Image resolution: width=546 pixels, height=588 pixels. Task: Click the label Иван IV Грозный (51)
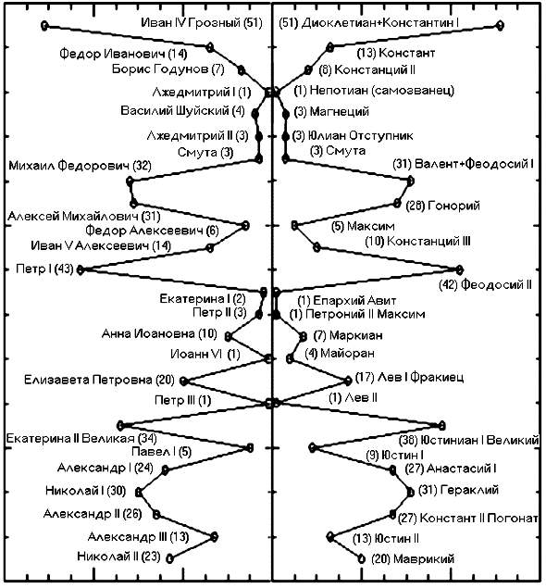coord(202,23)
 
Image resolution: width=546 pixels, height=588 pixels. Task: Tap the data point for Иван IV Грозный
coord(44,26)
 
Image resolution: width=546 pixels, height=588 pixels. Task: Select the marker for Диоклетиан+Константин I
coord(500,25)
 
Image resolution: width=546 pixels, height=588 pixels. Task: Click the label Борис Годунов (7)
coord(168,69)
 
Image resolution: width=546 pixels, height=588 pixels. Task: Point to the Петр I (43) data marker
coord(80,269)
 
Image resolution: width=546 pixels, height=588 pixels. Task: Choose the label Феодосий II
coord(496,285)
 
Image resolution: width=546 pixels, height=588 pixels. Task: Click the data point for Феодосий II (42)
coord(459,269)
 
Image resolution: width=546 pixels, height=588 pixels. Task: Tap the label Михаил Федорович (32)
coord(80,166)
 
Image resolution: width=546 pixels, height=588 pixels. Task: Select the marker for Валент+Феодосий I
coord(410,181)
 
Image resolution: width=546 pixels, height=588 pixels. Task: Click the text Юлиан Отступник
coord(360,135)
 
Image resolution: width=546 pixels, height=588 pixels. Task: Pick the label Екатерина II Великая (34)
coord(81,438)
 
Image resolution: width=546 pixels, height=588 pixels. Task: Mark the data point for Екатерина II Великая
coord(120,426)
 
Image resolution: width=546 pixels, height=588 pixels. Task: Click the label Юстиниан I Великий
coord(479,440)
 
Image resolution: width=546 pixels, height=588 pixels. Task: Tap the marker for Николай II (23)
coord(169,558)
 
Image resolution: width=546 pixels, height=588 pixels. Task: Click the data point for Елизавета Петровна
coord(183,382)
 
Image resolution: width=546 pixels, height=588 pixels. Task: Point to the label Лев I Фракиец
coord(420,377)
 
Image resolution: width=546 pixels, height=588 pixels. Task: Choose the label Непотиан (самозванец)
coord(382,91)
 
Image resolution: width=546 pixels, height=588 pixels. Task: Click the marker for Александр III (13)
coord(214,537)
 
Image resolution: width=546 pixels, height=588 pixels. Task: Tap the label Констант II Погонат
coord(478,518)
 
